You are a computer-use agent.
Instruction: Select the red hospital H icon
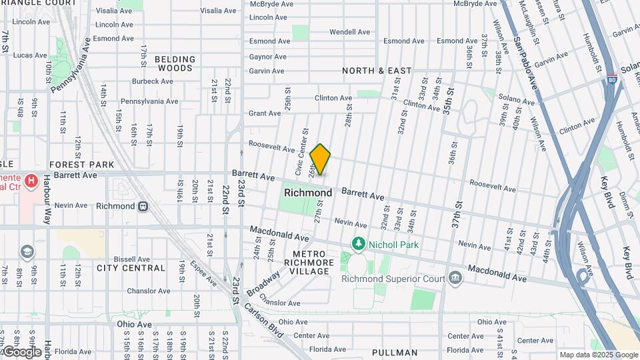[30, 181]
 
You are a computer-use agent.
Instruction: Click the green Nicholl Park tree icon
[359, 245]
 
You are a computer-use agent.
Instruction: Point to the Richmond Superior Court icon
[455, 277]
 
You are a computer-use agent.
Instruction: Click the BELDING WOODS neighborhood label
[175, 63]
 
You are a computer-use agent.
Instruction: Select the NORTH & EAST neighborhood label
[377, 71]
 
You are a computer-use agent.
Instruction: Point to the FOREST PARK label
[82, 165]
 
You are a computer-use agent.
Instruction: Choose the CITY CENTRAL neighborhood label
[131, 268]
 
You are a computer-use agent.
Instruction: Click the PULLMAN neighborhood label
[395, 353]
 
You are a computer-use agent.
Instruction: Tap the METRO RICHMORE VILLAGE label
[309, 263]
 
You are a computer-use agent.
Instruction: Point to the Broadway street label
[263, 283]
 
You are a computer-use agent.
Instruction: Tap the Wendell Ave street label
[349, 32]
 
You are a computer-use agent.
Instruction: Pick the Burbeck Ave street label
[152, 81]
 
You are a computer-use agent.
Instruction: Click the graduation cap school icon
[27, 251]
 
